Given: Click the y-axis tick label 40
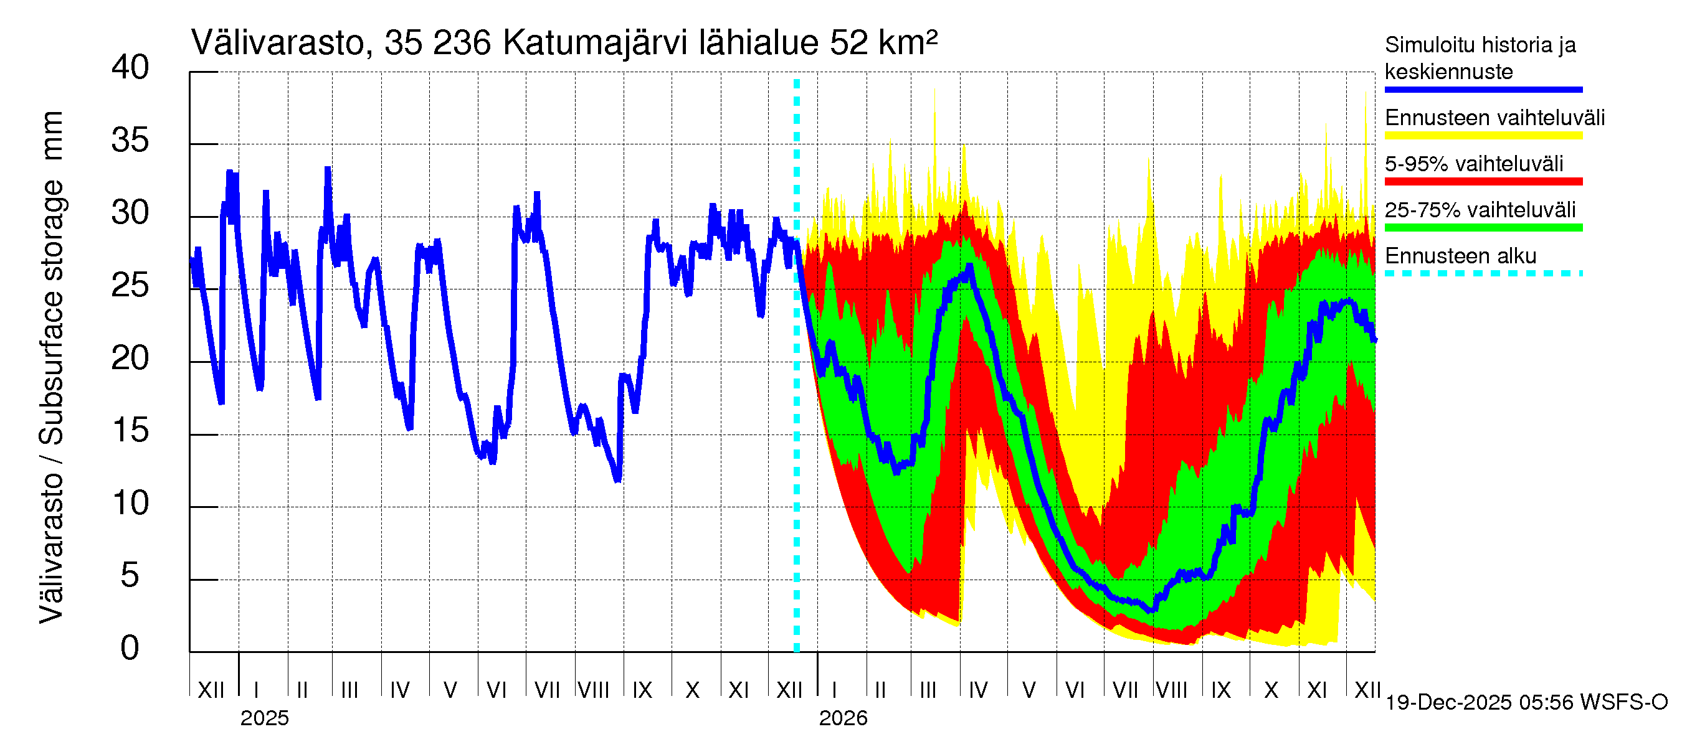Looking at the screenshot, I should pyautogui.click(x=130, y=68).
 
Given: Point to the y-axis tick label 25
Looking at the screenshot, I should pyautogui.click(x=130, y=286).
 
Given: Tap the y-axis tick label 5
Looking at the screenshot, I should pyautogui.click(x=130, y=576).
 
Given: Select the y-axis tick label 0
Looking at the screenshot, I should pyautogui.click(x=130, y=649).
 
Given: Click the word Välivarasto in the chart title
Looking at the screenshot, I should pyautogui.click(x=277, y=44).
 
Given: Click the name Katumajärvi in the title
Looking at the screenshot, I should pyautogui.click(x=595, y=44).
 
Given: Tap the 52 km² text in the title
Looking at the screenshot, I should pyautogui.click(x=883, y=44).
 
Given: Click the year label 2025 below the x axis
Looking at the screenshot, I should pyautogui.click(x=264, y=718).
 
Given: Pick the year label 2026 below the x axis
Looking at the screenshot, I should pyautogui.click(x=843, y=718).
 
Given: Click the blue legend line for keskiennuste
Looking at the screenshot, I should pyautogui.click(x=1483, y=90).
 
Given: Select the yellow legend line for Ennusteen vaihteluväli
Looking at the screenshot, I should pyautogui.click(x=1483, y=136).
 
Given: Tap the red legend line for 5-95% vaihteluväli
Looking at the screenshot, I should pyautogui.click(x=1483, y=181).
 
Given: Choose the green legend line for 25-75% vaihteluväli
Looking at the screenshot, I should pyautogui.click(x=1483, y=228).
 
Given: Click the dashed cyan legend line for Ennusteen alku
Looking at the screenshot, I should pyautogui.click(x=1483, y=273).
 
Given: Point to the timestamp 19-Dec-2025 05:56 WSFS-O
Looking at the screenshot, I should pyautogui.click(x=1526, y=703).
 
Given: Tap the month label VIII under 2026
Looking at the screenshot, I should pyautogui.click(x=1172, y=690).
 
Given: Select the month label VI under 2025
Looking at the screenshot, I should pyautogui.click(x=497, y=690).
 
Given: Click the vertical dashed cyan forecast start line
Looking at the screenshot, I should pyautogui.click(x=797, y=392).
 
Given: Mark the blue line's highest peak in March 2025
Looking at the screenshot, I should pyautogui.click(x=328, y=169).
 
